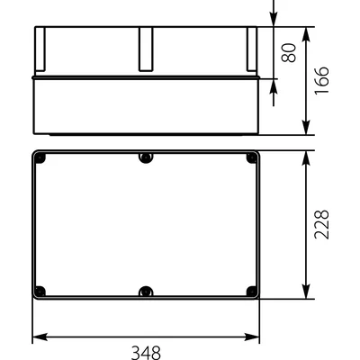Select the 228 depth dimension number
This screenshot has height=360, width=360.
pyautogui.click(x=324, y=225)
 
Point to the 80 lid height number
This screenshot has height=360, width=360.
pyautogui.click(x=289, y=51)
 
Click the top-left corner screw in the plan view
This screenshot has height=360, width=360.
pyautogui.click(x=40, y=159)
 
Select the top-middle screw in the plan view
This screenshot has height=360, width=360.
pyautogui.click(x=146, y=158)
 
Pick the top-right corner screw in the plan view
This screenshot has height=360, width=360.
pyautogui.click(x=252, y=159)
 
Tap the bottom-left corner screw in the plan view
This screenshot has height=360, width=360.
pyautogui.click(x=40, y=291)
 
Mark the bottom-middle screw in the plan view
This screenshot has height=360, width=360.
pyautogui.click(x=146, y=292)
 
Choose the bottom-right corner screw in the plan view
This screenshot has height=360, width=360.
pyautogui.click(x=252, y=291)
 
